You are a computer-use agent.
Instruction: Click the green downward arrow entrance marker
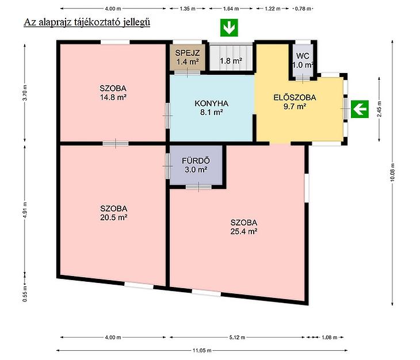[229, 28]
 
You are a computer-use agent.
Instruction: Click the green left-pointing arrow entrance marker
[360, 109]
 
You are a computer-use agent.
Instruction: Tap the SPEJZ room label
[187, 53]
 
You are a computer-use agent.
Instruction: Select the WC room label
[303, 56]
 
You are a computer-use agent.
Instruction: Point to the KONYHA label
[211, 104]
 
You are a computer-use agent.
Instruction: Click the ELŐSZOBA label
[295, 97]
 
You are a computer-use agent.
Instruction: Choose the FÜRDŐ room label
[196, 160]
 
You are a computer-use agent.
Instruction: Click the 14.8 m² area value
[113, 97]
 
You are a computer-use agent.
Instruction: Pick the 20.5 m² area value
[113, 217]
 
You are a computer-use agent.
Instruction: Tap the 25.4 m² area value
[244, 231]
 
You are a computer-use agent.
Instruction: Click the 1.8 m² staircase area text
[231, 61]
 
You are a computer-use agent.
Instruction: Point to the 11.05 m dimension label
[202, 350]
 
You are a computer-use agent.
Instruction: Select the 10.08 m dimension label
[392, 173]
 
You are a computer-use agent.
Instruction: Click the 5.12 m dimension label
[237, 337]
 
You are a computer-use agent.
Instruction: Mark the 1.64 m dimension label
[231, 9]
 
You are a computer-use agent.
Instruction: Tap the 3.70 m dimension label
[25, 93]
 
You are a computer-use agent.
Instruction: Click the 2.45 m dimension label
[379, 109]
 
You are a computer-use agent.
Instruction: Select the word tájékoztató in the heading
[97, 22]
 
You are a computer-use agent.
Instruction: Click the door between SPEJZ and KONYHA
[187, 72]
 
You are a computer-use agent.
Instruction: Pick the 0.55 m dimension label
[25, 294]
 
